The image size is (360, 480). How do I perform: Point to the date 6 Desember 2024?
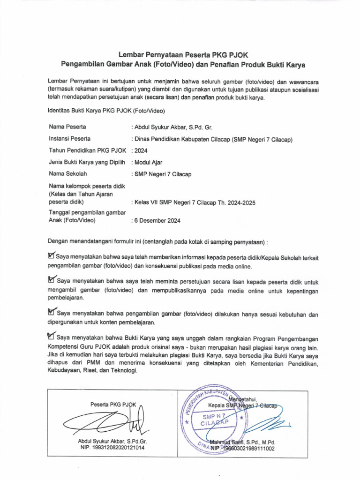[158, 220]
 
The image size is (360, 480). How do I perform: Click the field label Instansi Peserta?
[70, 139]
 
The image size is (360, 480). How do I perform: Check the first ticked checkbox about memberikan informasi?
[51, 256]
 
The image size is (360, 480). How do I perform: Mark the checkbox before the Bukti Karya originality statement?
[52, 337]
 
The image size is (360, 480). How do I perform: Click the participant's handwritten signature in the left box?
[108, 421]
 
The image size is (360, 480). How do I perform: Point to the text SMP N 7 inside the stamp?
[214, 416]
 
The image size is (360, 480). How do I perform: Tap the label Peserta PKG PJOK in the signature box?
[113, 404]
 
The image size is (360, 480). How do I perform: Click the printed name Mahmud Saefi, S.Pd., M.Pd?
[242, 442]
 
